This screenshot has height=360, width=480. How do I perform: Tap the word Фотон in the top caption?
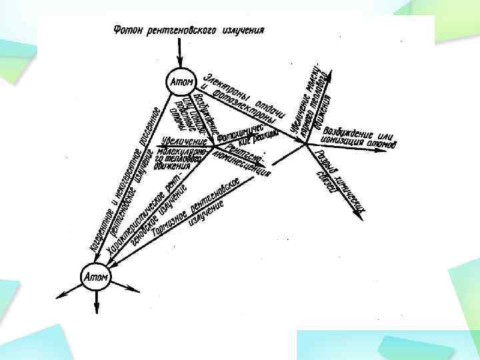pos(129,30)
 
